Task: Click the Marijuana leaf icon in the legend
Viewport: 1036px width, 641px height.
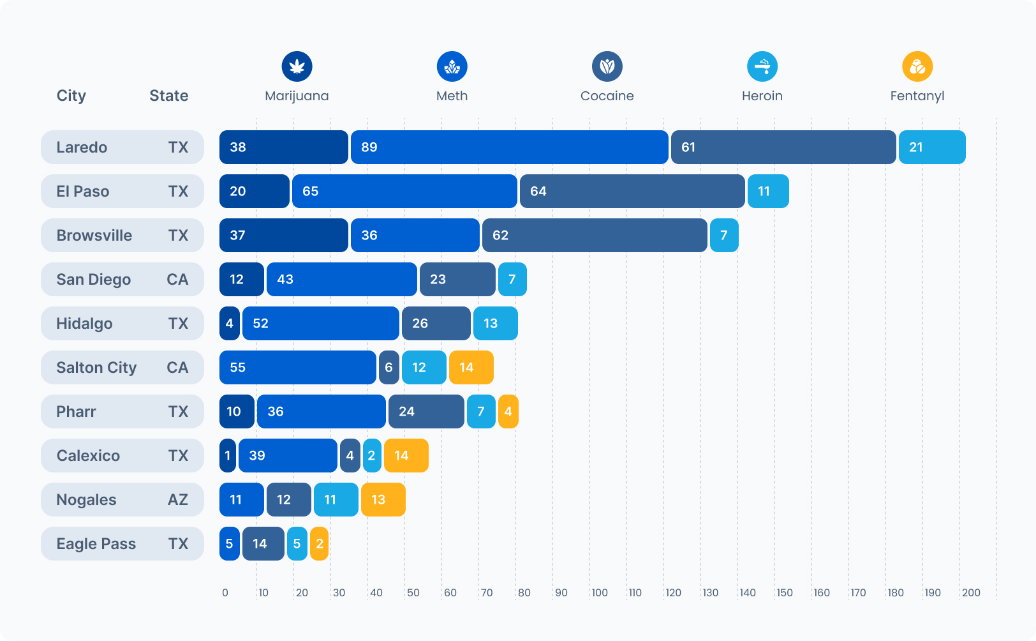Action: [x=297, y=66]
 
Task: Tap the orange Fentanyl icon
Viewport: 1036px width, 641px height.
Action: [x=917, y=66]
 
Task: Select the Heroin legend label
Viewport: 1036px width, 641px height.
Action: [x=762, y=96]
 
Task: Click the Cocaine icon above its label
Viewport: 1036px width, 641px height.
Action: [x=607, y=66]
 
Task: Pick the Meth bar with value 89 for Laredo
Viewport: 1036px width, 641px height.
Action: [x=509, y=147]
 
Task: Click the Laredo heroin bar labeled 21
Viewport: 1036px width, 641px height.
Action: [x=932, y=147]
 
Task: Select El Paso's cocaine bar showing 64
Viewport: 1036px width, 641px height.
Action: [x=632, y=192]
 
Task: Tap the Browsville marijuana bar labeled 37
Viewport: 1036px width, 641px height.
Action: [x=284, y=236]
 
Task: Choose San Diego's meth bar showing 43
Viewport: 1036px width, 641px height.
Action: [x=341, y=280]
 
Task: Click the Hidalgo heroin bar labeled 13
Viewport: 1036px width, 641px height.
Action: [x=495, y=324]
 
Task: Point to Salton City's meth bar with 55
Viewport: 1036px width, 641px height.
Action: [x=297, y=368]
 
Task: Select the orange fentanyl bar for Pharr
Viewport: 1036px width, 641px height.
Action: [x=508, y=412]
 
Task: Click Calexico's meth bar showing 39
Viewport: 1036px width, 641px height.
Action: [x=288, y=456]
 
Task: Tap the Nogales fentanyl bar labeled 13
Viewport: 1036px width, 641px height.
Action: [x=383, y=500]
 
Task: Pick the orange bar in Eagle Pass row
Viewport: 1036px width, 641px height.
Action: [x=319, y=544]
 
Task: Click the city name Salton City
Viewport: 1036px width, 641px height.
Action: [x=96, y=368]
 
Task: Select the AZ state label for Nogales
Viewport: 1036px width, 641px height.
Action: [x=177, y=500]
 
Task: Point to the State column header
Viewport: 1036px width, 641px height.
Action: [x=168, y=96]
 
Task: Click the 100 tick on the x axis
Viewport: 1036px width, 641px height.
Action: [x=600, y=592]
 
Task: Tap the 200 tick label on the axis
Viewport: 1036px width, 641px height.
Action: [x=971, y=592]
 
